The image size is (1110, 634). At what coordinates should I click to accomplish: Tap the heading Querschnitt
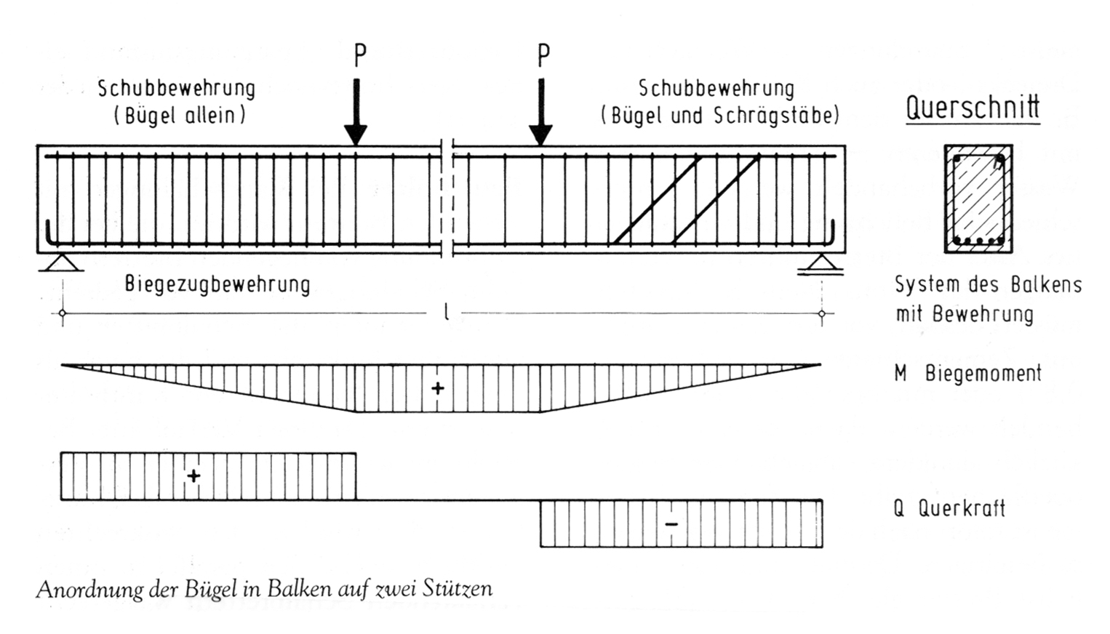click(x=972, y=108)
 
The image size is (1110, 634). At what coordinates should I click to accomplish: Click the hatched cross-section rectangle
click(x=978, y=198)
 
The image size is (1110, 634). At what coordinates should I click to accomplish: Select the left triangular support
click(x=61, y=262)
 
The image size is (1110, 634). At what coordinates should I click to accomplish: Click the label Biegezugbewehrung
click(x=217, y=284)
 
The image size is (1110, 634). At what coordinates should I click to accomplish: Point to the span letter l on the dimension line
click(x=446, y=313)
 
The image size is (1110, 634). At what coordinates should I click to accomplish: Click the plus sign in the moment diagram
click(x=437, y=388)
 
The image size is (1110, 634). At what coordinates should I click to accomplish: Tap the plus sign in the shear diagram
click(x=193, y=476)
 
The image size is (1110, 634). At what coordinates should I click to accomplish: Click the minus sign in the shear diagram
click(x=671, y=523)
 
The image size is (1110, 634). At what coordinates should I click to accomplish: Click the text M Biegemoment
click(x=967, y=374)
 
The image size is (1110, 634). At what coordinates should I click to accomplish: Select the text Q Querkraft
click(x=949, y=508)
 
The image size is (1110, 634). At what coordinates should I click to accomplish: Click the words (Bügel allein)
click(x=179, y=116)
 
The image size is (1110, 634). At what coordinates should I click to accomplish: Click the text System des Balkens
click(x=988, y=284)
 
